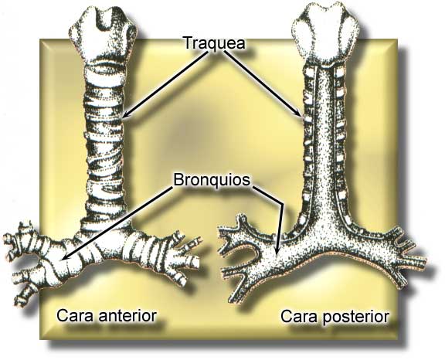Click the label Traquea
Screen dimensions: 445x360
(215, 43)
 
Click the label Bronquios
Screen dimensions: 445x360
(212, 180)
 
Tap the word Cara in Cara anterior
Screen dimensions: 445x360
(75, 315)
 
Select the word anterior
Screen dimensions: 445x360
(127, 315)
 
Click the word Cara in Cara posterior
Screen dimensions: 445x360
(299, 316)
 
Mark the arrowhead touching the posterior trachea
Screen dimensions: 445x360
(298, 114)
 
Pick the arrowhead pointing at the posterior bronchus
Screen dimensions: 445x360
(277, 250)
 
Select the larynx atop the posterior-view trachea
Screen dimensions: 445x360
(327, 34)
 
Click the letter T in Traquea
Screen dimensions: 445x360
(189, 42)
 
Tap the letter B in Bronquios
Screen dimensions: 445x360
(178, 180)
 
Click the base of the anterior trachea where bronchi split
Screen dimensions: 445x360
(106, 227)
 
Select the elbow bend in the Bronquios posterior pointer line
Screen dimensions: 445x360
(283, 204)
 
